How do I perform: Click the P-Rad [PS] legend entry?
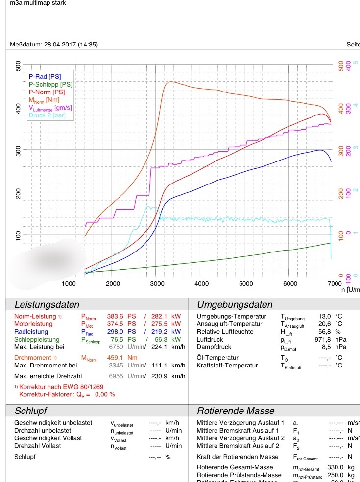45,77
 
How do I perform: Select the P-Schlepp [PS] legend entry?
50,84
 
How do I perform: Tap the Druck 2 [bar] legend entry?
47,115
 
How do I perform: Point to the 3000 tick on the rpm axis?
157,283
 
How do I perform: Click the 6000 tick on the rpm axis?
290,283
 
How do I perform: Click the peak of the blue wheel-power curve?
320,150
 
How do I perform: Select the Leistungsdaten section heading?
47,305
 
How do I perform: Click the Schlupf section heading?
31,411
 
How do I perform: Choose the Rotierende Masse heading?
236,411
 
